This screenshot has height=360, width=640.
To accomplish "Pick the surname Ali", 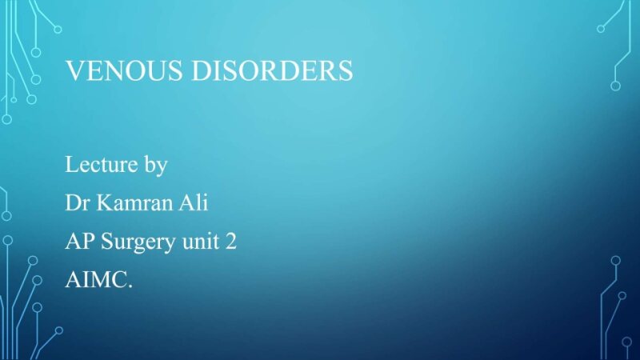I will tap(194, 203).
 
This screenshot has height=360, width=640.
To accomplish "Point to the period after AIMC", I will tap(130, 286).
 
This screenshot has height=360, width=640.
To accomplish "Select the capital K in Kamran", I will tap(103, 203).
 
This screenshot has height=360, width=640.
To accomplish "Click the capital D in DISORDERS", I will tap(200, 71).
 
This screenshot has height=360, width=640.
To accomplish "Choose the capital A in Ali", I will tap(185, 203).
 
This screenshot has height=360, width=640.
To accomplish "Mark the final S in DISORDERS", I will tap(345, 71).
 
